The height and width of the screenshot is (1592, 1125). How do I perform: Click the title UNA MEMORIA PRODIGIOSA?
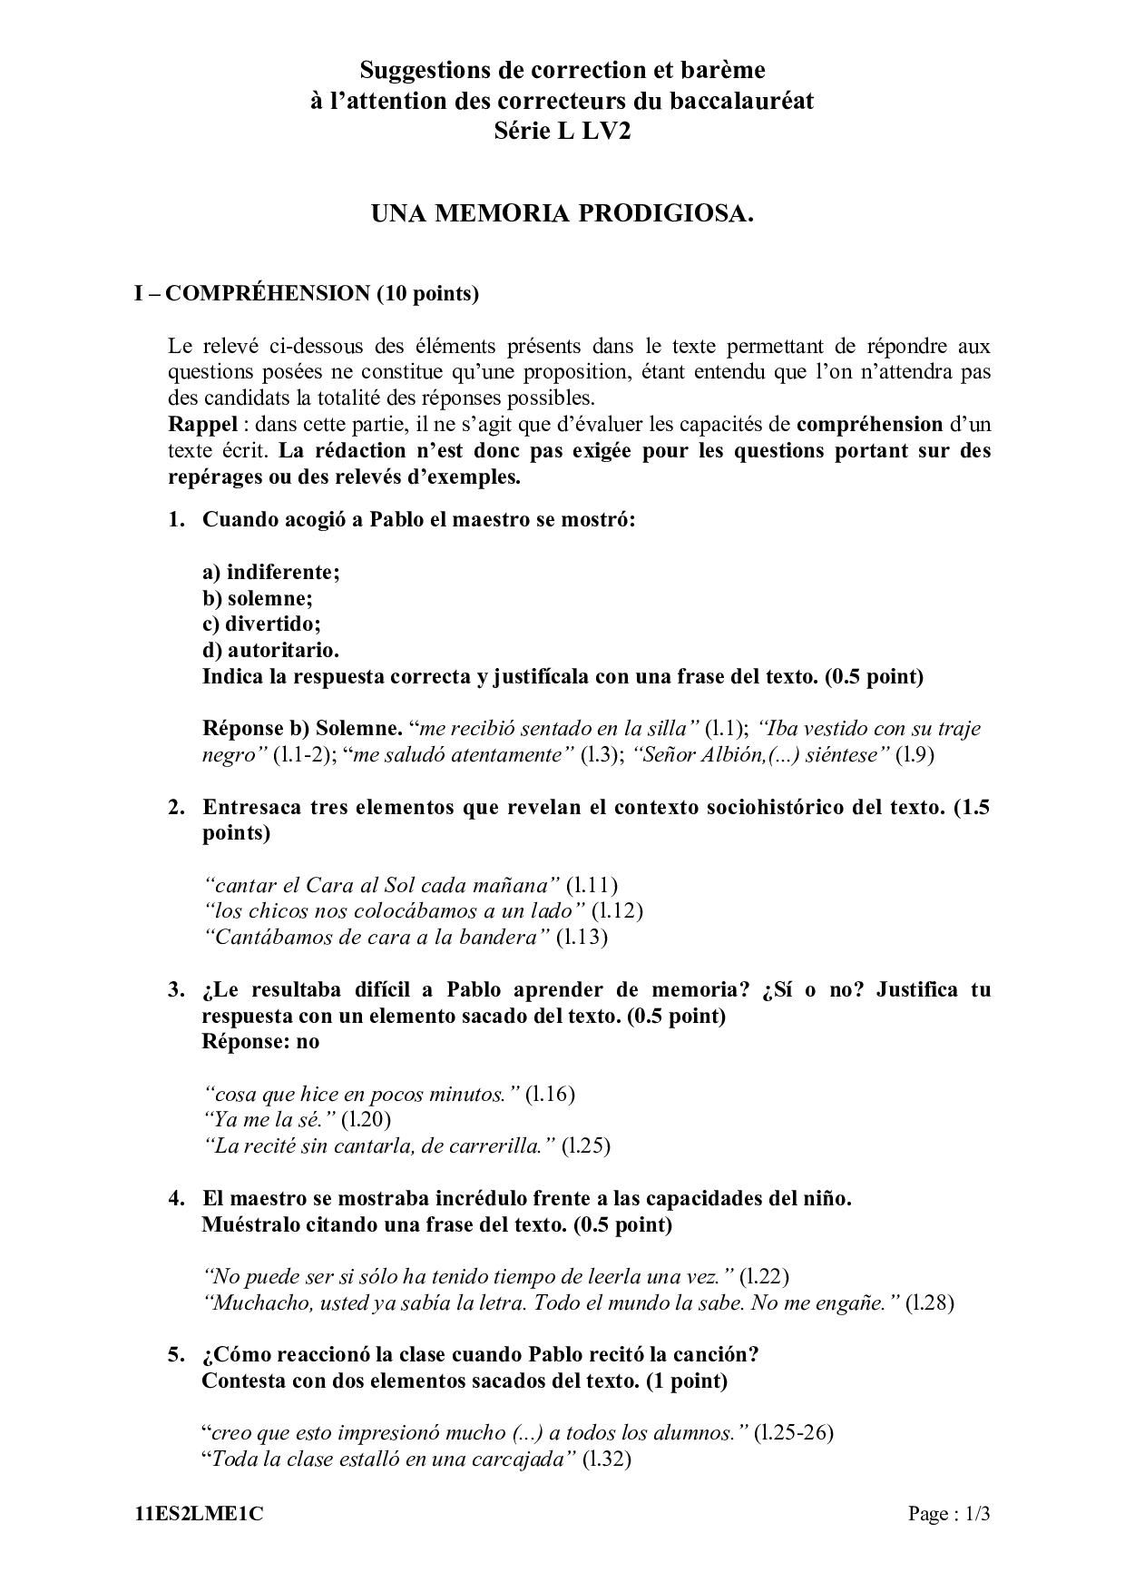562,214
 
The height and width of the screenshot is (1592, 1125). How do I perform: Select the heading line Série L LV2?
562,131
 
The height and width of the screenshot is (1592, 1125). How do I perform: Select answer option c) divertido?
261,624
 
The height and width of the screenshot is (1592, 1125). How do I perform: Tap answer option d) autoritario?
270,651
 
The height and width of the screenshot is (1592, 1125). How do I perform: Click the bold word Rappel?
203,424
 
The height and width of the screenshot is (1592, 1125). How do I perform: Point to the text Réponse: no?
260,1041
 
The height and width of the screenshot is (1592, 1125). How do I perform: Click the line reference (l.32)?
606,1459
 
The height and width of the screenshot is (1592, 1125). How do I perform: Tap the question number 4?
176,1198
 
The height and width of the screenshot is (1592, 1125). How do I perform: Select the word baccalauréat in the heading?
741,100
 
